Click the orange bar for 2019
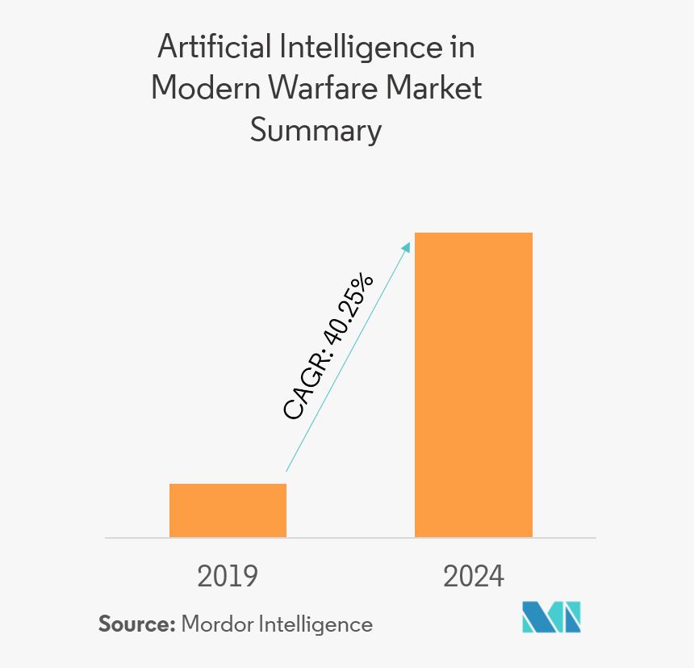coord(228,510)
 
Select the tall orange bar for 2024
coord(473,384)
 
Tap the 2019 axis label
coord(228,576)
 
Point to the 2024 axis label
coord(474,576)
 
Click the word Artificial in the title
coord(215,48)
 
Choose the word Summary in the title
coord(316,130)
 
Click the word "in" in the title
coord(462,48)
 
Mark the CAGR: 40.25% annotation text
coord(328,347)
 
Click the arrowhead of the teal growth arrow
coord(405,240)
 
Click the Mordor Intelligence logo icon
coord(551,616)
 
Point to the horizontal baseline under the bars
coord(350,538)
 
